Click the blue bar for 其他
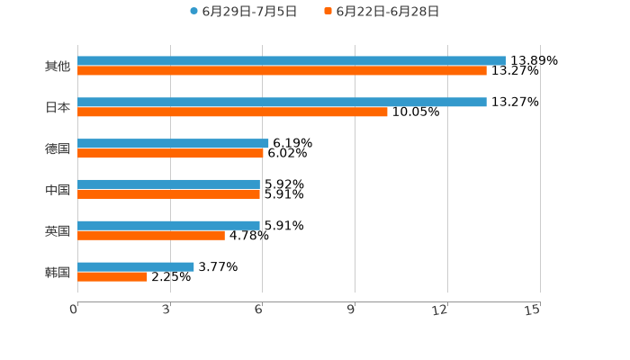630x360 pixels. pos(292,60)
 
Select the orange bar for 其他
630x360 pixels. pos(282,70)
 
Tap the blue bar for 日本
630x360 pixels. pos(282,102)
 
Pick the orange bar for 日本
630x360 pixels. pos(232,112)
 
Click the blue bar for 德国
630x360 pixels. pos(173,143)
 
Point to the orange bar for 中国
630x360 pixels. pos(168,193)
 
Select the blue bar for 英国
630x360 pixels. pos(168,225)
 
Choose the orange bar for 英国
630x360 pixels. pos(151,235)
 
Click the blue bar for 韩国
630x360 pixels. pos(136,266)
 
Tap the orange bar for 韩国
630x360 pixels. pos(112,276)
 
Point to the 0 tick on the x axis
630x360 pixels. pos(74,310)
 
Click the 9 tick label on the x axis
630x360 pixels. pos(352,310)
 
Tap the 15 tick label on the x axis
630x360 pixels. pos(533,310)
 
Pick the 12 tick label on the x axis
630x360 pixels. pos(440,310)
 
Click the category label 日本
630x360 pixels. pos(58,107)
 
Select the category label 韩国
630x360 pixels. pos(58,272)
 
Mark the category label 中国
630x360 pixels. pos(58,189)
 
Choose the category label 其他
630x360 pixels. pos(58,66)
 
